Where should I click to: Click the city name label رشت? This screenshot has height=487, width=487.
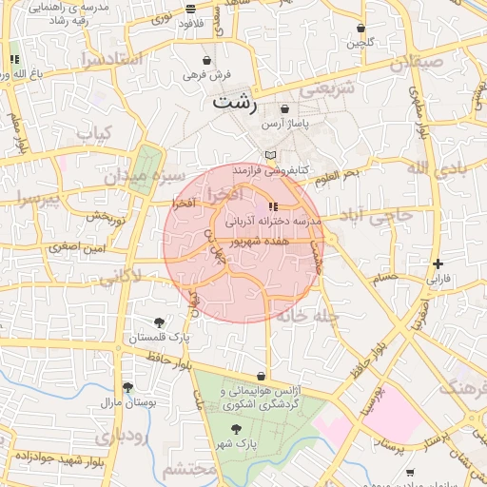click(x=235, y=102)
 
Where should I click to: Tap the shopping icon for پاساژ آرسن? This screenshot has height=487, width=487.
click(x=284, y=110)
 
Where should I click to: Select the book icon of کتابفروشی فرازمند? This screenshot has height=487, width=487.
click(x=271, y=155)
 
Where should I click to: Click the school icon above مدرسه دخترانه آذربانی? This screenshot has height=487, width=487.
click(x=274, y=206)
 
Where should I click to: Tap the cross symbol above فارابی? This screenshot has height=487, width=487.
click(x=437, y=263)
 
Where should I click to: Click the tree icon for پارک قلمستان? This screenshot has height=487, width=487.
click(x=159, y=322)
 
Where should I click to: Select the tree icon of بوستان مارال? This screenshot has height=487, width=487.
click(x=127, y=387)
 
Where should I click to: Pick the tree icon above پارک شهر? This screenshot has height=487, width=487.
click(x=236, y=429)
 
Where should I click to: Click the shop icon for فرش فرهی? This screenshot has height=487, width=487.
click(x=206, y=60)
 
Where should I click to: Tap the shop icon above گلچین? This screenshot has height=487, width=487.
click(x=360, y=28)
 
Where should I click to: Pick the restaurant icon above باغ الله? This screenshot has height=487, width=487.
click(x=14, y=60)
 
